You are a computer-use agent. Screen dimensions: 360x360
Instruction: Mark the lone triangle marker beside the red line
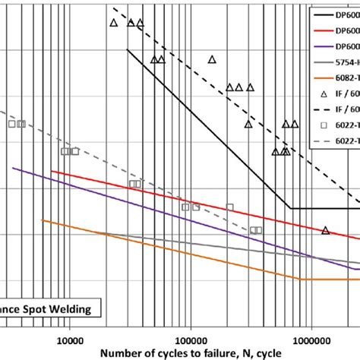pos(325,230)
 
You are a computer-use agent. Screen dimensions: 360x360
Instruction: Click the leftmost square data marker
pos(11,123)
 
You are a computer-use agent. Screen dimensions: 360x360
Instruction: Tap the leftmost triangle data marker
pos(113,23)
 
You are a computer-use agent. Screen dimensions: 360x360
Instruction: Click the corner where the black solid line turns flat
pos(292,208)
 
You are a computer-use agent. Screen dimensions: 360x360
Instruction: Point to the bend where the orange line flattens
pos(302,279)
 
